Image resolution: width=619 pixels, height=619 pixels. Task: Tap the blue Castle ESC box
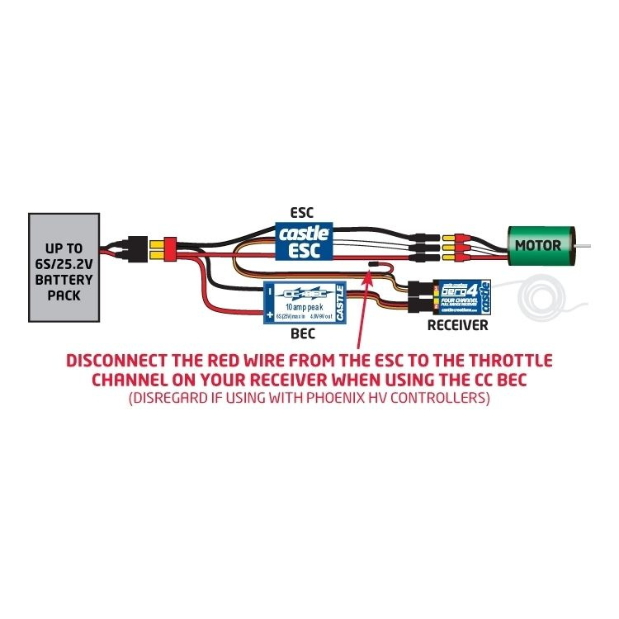303,241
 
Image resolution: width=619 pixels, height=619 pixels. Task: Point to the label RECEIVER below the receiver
456,325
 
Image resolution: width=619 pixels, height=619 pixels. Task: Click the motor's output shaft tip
588,246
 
